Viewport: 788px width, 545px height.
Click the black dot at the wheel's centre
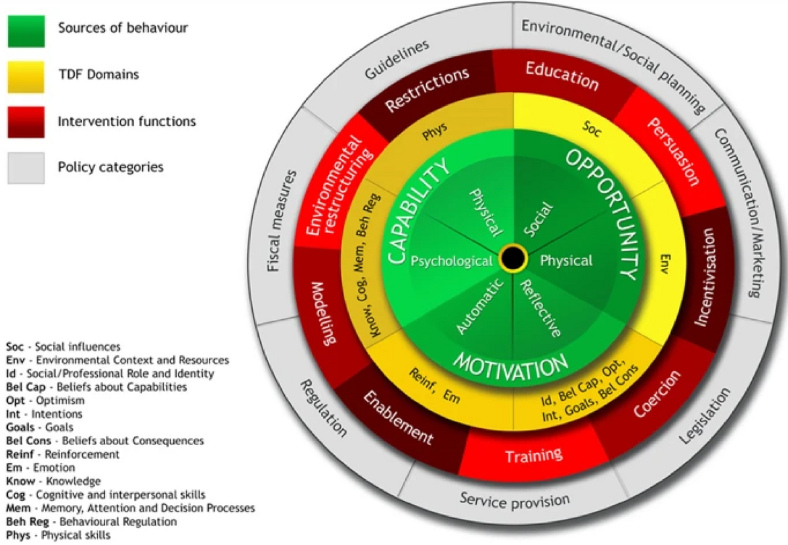click(x=512, y=258)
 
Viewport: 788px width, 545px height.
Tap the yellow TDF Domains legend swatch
click(x=26, y=75)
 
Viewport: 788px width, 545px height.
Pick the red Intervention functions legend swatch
click(x=26, y=121)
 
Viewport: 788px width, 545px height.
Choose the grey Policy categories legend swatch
click(x=26, y=167)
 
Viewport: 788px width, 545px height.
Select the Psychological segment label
click(x=452, y=261)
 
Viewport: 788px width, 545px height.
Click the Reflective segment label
click(x=540, y=308)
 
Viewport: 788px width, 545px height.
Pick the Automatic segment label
click(x=480, y=305)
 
